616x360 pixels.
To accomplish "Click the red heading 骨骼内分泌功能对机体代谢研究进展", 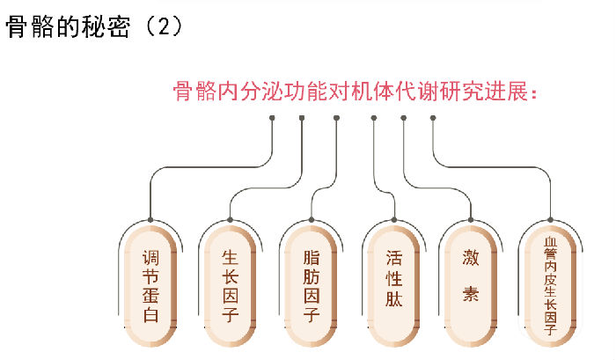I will point(352,93).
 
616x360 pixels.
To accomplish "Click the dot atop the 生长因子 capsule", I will point(231,219).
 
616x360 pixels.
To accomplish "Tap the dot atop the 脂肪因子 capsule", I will point(312,219).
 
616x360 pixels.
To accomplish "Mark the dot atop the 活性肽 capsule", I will point(393,219).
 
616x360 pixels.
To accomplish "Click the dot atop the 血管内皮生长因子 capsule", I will point(551,219).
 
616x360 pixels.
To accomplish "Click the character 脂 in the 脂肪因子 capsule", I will point(312,258).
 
